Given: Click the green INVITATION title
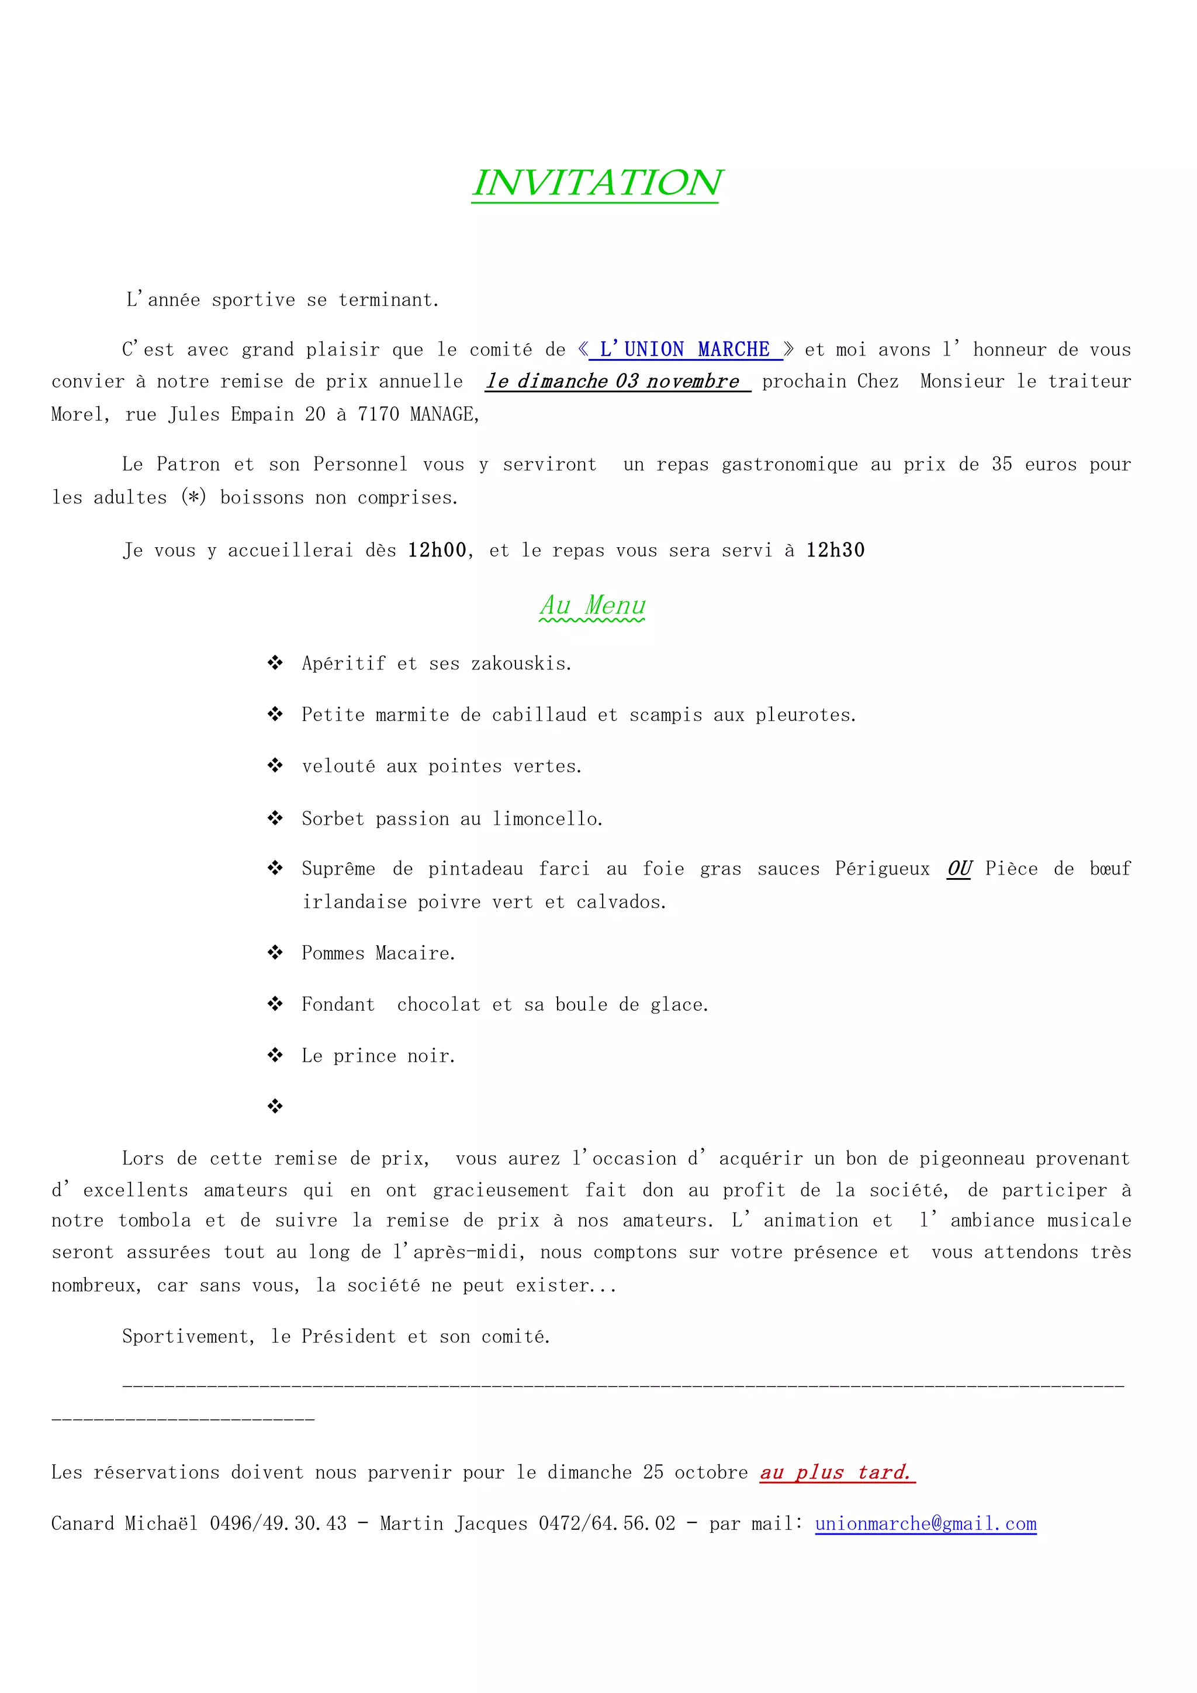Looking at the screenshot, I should pos(597,183).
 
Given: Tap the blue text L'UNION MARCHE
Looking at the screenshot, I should pos(686,350).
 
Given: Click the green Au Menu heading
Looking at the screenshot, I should pos(593,606).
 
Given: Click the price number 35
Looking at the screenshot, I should pos(1002,465).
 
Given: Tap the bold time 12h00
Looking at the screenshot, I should pos(437,551).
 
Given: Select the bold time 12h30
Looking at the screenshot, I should pos(835,551).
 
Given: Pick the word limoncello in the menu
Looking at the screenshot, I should pos(547,819).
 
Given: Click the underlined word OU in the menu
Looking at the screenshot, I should pos(960,869).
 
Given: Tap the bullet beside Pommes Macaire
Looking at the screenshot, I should pos(275,953).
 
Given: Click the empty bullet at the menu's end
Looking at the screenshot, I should pos(275,1106).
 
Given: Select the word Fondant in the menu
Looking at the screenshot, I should pos(338,1004).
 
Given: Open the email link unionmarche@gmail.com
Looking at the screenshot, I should pos(926,1524).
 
